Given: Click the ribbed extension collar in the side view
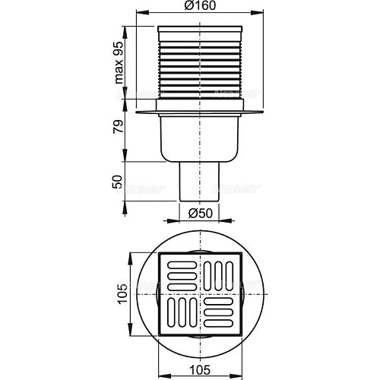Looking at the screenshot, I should point(201,68).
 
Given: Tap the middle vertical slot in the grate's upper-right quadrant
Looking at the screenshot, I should point(221,273).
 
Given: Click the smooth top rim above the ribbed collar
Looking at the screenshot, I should point(201,32).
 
